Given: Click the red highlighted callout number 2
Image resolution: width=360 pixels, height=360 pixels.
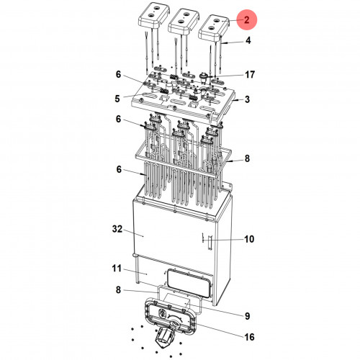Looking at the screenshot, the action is point(247,19).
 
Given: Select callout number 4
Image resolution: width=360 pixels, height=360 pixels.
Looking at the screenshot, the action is point(248,40).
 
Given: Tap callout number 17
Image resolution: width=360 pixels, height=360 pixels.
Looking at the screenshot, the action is point(250,74).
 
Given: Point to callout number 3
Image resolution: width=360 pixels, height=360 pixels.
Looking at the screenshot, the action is point(248,99).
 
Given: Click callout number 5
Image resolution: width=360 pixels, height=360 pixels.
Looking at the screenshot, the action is point(117,99).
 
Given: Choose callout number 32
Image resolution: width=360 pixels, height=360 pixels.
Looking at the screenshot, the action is point(117,229).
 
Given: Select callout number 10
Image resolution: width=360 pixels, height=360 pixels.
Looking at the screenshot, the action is point(249,239).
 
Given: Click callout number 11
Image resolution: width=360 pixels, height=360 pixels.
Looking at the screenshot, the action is point(117,269).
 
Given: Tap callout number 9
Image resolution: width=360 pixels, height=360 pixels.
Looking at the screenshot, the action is point(248,316).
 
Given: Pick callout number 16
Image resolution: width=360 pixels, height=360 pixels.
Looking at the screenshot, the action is point(249,337).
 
